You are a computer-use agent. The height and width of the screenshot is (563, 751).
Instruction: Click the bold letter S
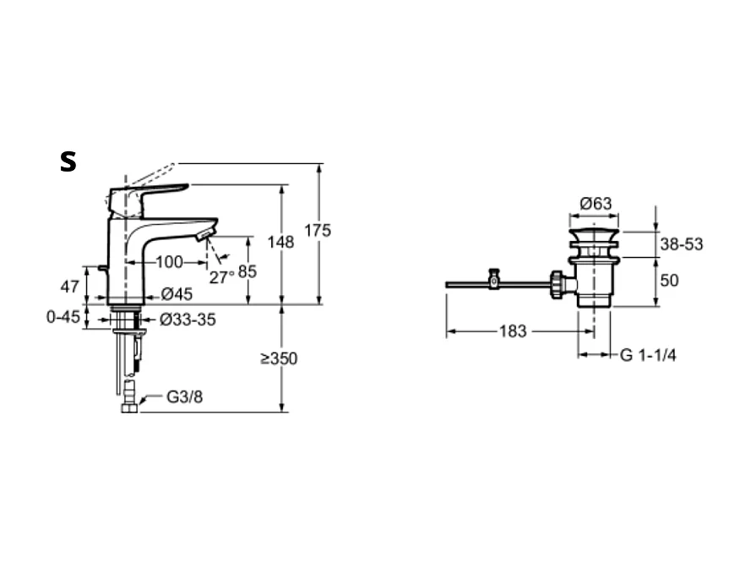(68, 161)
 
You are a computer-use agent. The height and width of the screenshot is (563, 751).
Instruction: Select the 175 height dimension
(318, 231)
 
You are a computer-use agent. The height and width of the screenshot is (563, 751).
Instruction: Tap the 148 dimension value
(280, 242)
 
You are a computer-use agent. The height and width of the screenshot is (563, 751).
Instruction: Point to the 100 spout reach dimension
(170, 262)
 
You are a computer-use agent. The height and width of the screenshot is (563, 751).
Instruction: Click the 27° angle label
(222, 277)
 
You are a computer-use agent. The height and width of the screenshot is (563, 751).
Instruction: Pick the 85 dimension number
(248, 271)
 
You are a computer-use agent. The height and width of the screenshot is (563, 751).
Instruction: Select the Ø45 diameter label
(177, 293)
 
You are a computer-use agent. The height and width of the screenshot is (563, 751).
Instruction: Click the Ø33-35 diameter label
(188, 319)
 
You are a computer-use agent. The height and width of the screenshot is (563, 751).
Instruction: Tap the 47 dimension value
(69, 287)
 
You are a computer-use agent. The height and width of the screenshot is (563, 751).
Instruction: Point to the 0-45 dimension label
(63, 317)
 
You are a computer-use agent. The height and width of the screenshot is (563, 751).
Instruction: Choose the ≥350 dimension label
(279, 358)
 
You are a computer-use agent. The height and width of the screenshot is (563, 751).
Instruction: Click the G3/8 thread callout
(184, 396)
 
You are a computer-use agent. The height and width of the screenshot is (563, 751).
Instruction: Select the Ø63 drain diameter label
(596, 204)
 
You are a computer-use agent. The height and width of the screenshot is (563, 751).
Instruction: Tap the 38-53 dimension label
(682, 244)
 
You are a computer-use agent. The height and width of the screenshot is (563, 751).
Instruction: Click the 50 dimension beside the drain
(669, 281)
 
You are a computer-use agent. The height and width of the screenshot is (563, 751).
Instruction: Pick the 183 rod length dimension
(513, 331)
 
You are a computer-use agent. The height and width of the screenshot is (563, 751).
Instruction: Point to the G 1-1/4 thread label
(648, 355)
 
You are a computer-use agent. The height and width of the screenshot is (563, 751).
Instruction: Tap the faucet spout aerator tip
(205, 235)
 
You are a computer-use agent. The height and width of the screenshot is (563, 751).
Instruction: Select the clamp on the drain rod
(493, 279)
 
